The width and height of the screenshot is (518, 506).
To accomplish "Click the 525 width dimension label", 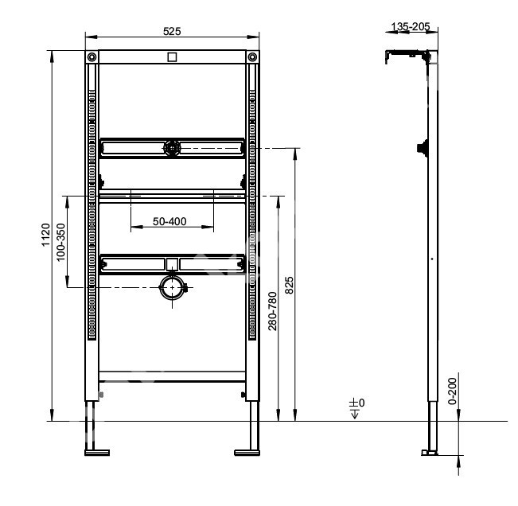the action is [x=172, y=31].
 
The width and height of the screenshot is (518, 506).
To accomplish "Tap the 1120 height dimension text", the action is [x=45, y=235].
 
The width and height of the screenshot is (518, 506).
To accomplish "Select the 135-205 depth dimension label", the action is [x=411, y=26].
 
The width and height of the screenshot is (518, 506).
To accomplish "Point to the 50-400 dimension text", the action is [x=169, y=221].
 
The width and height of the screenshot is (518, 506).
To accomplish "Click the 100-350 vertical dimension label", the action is [x=61, y=242].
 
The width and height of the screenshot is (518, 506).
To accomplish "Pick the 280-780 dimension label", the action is [x=273, y=311].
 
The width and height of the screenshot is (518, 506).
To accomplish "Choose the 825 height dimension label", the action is [x=289, y=286].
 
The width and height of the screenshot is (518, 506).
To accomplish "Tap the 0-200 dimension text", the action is [x=452, y=391].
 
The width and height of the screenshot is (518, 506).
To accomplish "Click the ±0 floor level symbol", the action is [x=356, y=408].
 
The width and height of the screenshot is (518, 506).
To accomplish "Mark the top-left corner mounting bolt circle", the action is [x=92, y=57].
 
